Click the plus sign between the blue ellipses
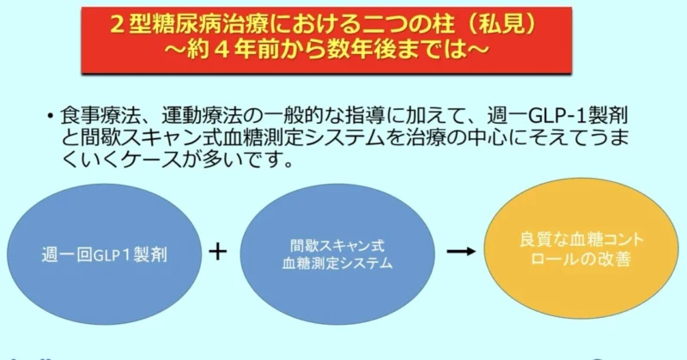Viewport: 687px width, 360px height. [218, 252]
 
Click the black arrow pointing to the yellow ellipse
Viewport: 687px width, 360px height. [461, 251]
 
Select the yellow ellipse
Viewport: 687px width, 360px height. [581, 248]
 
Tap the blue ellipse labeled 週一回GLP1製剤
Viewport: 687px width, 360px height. [104, 254]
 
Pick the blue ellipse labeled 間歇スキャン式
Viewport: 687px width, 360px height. [337, 254]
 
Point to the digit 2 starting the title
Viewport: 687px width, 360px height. [116, 25]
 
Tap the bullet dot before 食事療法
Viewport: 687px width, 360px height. [51, 116]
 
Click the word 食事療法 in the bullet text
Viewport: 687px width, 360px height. [100, 115]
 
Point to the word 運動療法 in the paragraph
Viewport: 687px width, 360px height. [202, 115]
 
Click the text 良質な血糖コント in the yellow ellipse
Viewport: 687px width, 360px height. [582, 240]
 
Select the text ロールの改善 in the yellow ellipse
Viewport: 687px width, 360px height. [581, 259]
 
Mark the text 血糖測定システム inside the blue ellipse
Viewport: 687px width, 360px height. [337, 263]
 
